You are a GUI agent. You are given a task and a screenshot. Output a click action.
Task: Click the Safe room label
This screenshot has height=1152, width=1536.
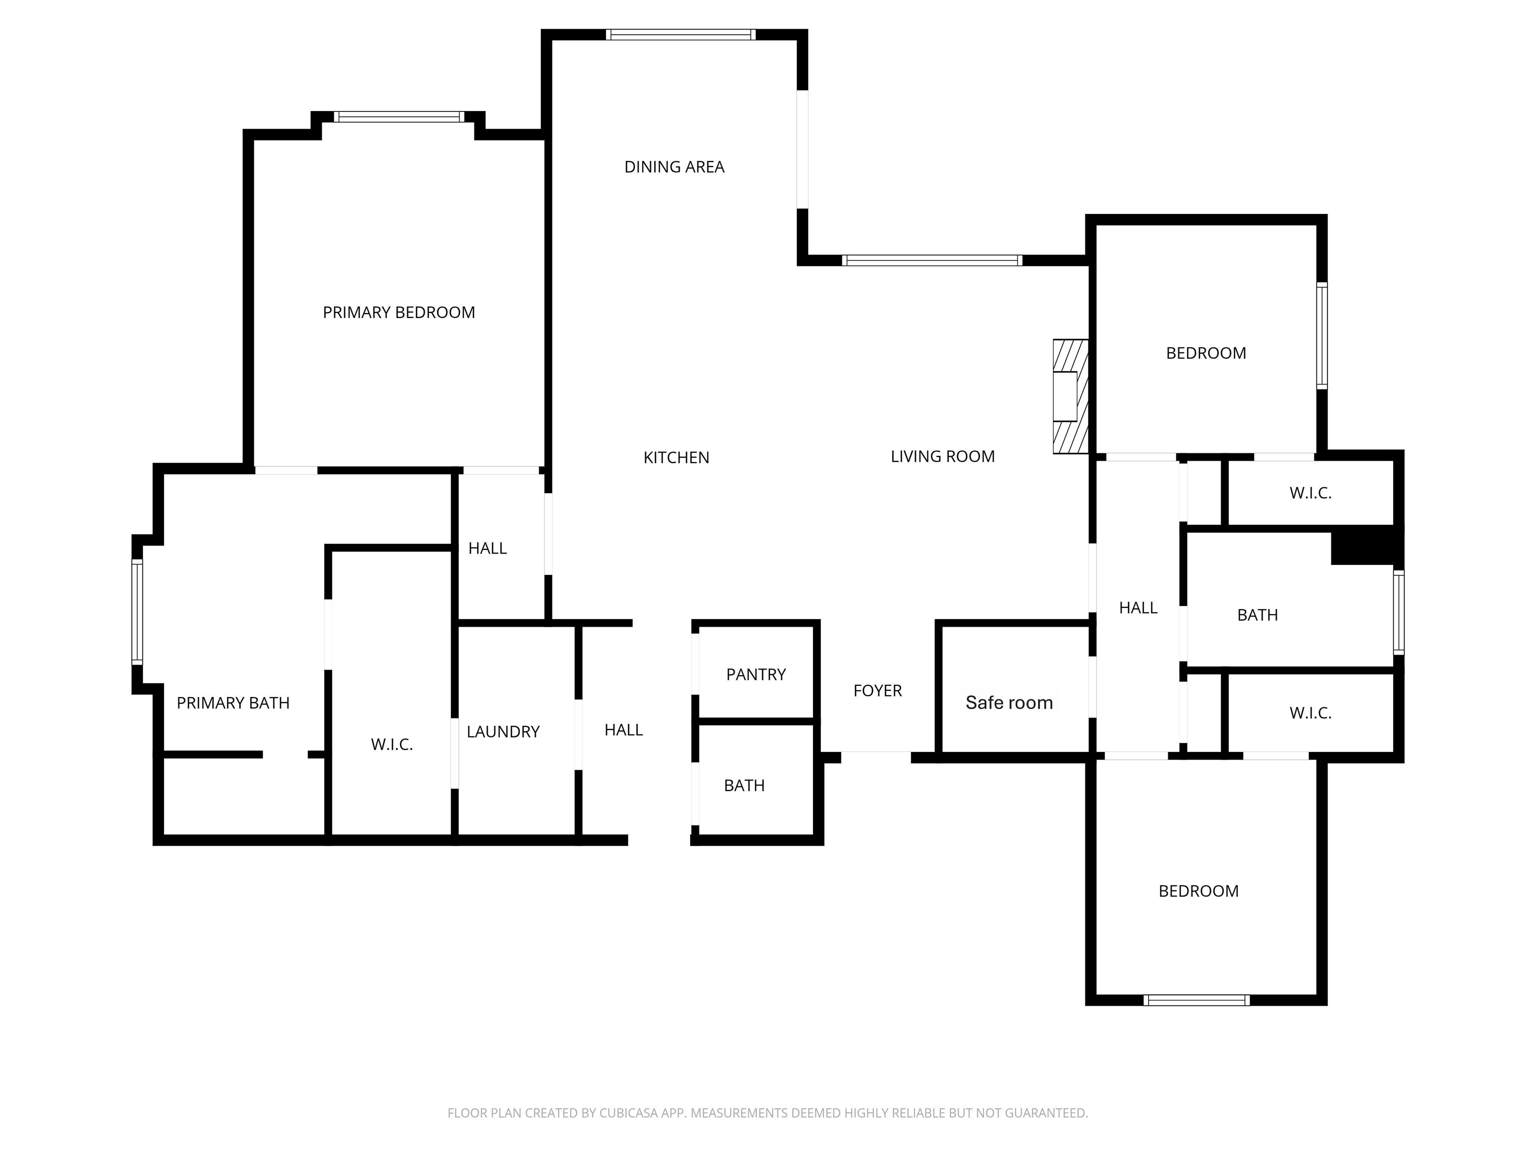[x=1009, y=702]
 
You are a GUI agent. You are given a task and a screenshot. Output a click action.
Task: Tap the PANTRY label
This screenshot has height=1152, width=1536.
[x=755, y=674]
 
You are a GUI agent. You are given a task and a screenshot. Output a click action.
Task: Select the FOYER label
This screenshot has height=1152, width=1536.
[x=877, y=690]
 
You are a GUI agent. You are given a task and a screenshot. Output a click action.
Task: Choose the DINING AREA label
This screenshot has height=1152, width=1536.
[x=674, y=166]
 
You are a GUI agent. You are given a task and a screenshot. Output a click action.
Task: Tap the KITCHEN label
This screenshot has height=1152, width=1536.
[x=676, y=457]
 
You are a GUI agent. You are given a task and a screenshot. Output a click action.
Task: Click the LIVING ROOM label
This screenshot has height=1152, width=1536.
[x=942, y=456]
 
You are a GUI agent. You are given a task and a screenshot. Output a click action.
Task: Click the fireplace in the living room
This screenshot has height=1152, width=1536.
[x=1070, y=396]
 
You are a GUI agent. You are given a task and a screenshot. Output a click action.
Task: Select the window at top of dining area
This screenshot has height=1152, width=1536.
[x=680, y=34]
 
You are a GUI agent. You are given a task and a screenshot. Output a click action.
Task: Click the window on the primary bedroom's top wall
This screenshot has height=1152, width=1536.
[x=399, y=116]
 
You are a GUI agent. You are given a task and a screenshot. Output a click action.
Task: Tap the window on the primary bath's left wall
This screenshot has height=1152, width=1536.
[x=137, y=612]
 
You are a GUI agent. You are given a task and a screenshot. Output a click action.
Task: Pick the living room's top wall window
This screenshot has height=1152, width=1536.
[x=932, y=260]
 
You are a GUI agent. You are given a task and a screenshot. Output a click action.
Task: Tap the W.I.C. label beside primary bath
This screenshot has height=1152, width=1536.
[x=391, y=744]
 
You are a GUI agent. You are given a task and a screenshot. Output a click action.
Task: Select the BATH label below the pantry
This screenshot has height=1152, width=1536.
[x=744, y=785]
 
